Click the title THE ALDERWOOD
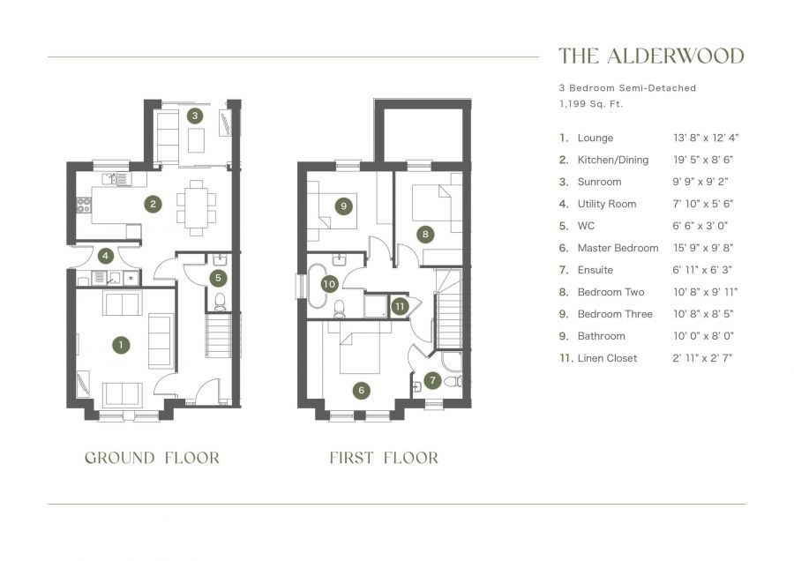click(651, 56)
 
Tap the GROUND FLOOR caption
click(152, 458)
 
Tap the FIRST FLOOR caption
click(384, 458)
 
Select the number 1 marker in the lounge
click(119, 345)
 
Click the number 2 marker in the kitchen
click(154, 204)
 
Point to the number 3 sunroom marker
click(195, 116)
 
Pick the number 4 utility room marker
click(106, 257)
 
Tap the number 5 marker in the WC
click(217, 277)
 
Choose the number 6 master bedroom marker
click(360, 390)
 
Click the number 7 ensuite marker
click(432, 381)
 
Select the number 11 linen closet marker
click(400, 306)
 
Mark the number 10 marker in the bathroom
click(328, 284)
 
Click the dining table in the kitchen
click(195, 207)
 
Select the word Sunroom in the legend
click(599, 182)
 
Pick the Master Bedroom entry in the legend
click(618, 248)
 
